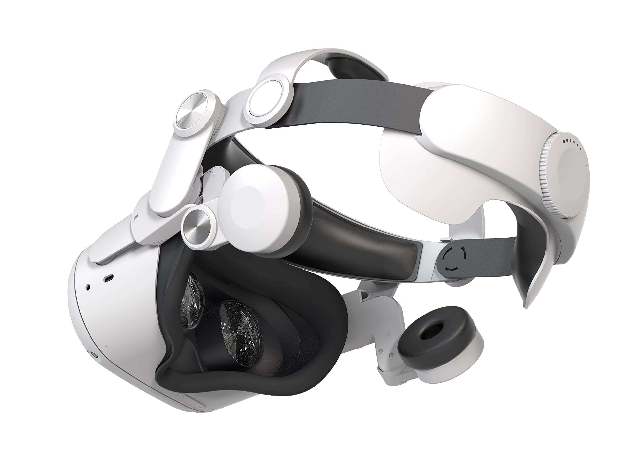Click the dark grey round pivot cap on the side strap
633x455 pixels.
click(x=453, y=260)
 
